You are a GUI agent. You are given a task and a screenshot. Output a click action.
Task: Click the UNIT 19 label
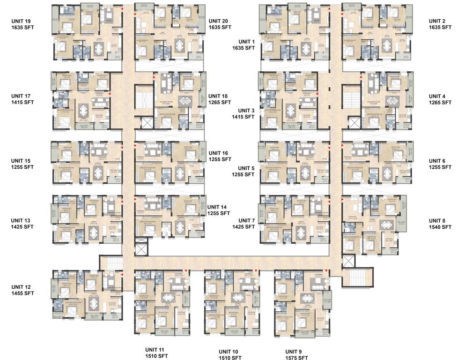(23, 21)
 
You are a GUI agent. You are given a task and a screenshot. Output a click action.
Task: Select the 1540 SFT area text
(440, 227)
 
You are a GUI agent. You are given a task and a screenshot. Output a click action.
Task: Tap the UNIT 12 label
(23, 287)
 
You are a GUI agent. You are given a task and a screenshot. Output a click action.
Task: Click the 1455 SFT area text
(23, 293)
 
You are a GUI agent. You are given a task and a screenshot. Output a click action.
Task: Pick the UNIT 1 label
(243, 41)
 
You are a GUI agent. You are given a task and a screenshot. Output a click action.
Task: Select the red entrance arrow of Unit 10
(256, 272)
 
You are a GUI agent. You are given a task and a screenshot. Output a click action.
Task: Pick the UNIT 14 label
(219, 207)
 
